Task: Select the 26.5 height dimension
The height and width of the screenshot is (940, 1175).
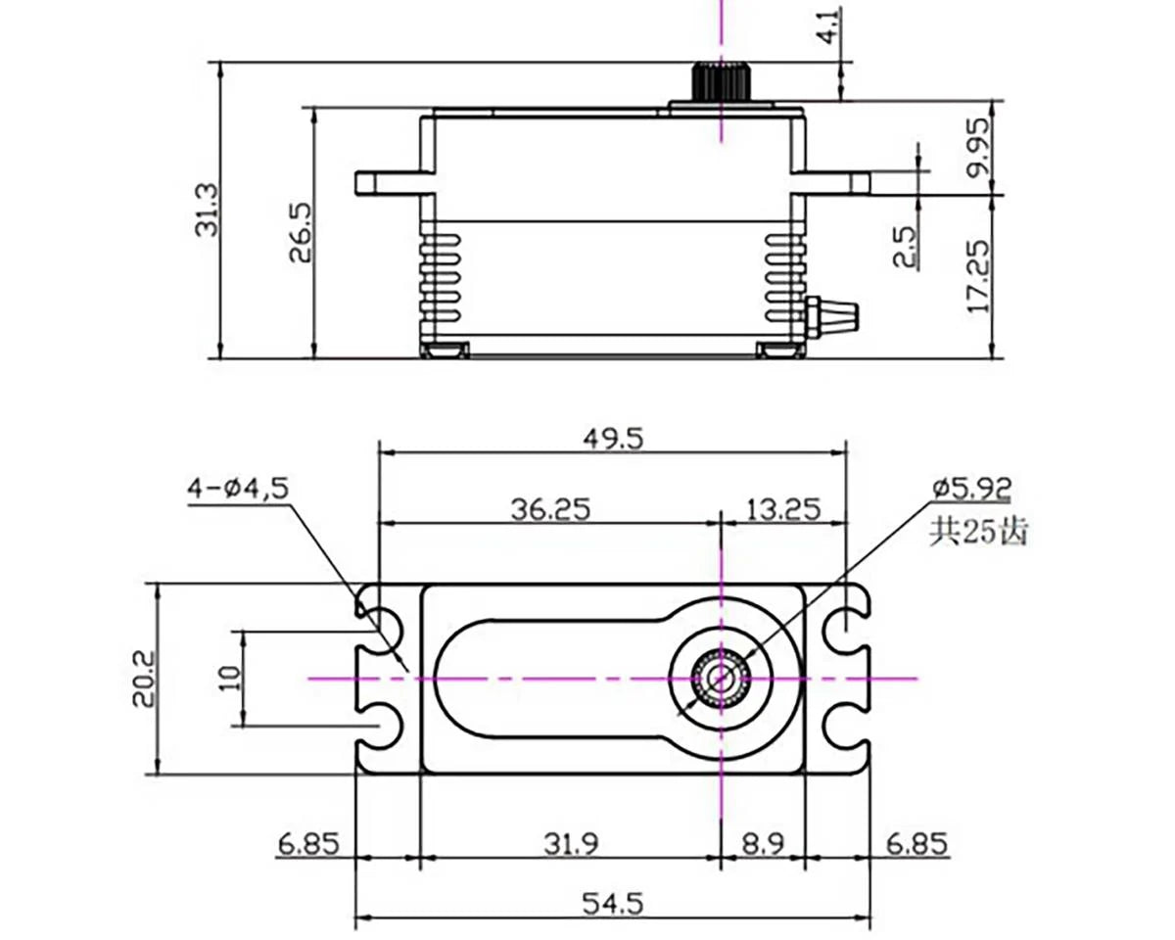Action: [300, 232]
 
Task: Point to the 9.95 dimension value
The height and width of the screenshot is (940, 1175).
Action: [978, 148]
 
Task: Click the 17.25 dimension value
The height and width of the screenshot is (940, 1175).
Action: [978, 272]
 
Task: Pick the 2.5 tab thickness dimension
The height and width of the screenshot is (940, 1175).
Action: [906, 247]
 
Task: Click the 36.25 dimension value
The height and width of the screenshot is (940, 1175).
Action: [549, 509]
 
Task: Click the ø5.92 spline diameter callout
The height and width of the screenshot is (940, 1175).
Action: [972, 487]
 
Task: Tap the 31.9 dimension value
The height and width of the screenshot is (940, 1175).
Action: [570, 843]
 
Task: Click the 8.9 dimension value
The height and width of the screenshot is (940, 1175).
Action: [763, 843]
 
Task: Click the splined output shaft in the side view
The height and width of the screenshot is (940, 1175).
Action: [721, 81]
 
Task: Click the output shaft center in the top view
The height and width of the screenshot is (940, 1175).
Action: [721, 678]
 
